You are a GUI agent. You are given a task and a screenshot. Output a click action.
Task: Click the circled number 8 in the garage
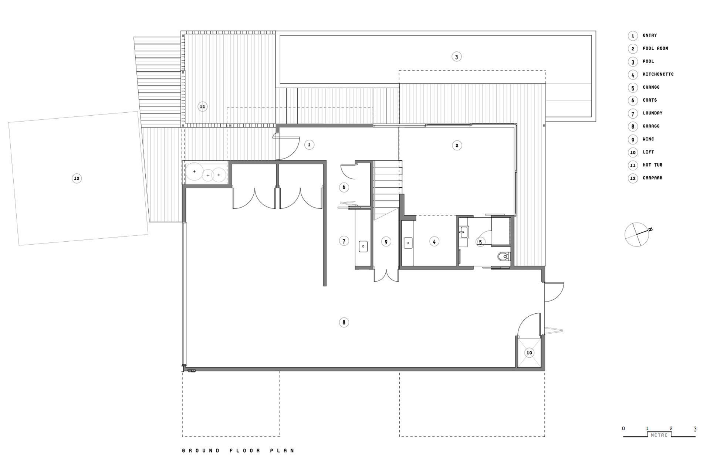point(344,323)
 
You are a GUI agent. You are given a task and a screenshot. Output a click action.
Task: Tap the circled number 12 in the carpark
point(77,178)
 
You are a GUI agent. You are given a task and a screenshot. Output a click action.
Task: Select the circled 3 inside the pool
point(456,57)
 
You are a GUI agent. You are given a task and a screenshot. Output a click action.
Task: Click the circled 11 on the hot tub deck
point(202,107)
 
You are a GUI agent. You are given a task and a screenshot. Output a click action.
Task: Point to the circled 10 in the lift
point(529,353)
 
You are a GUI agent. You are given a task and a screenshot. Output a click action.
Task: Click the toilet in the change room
point(503,256)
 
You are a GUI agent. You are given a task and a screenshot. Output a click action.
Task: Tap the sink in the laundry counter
point(363,246)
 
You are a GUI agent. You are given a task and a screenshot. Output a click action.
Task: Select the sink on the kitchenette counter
point(408,243)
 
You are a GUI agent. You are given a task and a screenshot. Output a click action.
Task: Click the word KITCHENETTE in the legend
point(658,74)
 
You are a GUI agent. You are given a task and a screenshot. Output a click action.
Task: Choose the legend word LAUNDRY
point(652,113)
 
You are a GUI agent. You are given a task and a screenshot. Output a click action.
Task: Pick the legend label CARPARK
point(652,178)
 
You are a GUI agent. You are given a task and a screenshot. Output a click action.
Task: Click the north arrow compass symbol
point(637,234)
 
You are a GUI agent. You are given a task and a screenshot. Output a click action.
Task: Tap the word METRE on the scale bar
point(659,435)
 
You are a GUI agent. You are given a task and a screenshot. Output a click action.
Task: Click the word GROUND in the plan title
point(201,451)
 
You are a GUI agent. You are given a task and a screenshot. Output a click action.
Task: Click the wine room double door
point(386,276)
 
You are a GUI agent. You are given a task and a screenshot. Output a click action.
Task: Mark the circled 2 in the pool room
point(457,145)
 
